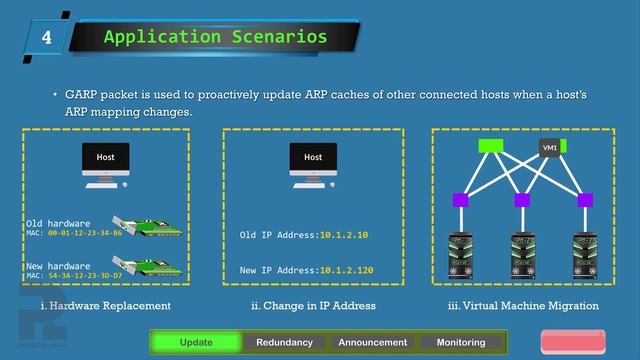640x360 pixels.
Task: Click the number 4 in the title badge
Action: [x=46, y=38]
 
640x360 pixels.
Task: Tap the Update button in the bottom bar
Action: [x=195, y=342]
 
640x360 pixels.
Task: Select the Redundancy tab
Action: [x=284, y=342]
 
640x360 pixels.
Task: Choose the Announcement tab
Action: [x=372, y=342]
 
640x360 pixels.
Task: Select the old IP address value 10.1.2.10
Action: [x=343, y=235]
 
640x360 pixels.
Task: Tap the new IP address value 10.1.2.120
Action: [x=346, y=270]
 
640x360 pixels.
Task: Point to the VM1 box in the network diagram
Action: [x=550, y=147]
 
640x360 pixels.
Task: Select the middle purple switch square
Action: [x=522, y=200]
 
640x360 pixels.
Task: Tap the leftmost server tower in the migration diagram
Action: [x=463, y=257]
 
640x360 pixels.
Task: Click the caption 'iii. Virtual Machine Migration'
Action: [x=523, y=306]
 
